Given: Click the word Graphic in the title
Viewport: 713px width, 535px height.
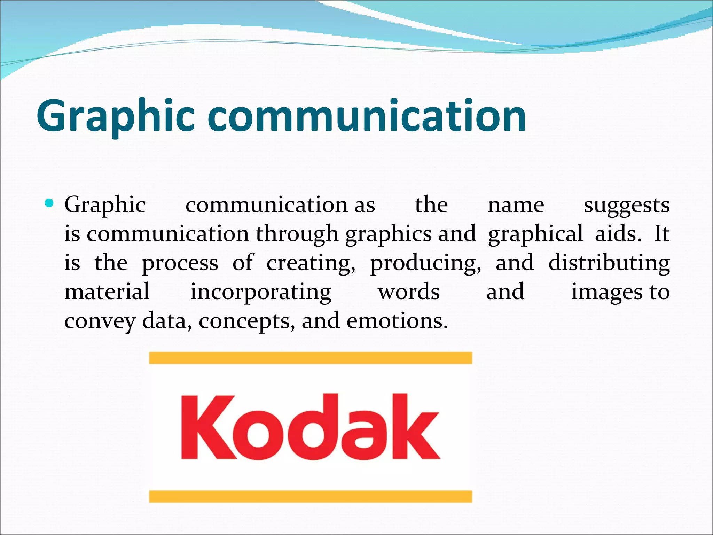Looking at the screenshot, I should point(115,117).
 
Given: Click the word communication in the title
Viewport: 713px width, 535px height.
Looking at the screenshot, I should point(367,117).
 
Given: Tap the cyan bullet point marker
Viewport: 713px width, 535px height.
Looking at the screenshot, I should point(49,203).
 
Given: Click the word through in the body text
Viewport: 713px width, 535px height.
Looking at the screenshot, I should point(297,234).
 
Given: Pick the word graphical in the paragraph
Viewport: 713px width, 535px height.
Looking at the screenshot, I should point(535,234).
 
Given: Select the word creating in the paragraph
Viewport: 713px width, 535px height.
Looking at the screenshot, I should point(311,263).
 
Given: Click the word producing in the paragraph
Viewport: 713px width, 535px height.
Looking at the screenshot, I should point(425,263).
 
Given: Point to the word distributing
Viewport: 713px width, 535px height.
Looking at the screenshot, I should point(609,263).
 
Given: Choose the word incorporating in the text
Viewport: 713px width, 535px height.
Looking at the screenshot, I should point(260,292).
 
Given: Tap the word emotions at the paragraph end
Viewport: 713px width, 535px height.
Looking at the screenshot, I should point(397,321).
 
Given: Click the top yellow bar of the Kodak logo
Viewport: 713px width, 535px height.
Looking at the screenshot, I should point(311,358).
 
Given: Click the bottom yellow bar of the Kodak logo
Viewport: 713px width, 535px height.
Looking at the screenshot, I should point(311,496).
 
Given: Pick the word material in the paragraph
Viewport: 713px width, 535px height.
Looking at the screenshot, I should point(107,292).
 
